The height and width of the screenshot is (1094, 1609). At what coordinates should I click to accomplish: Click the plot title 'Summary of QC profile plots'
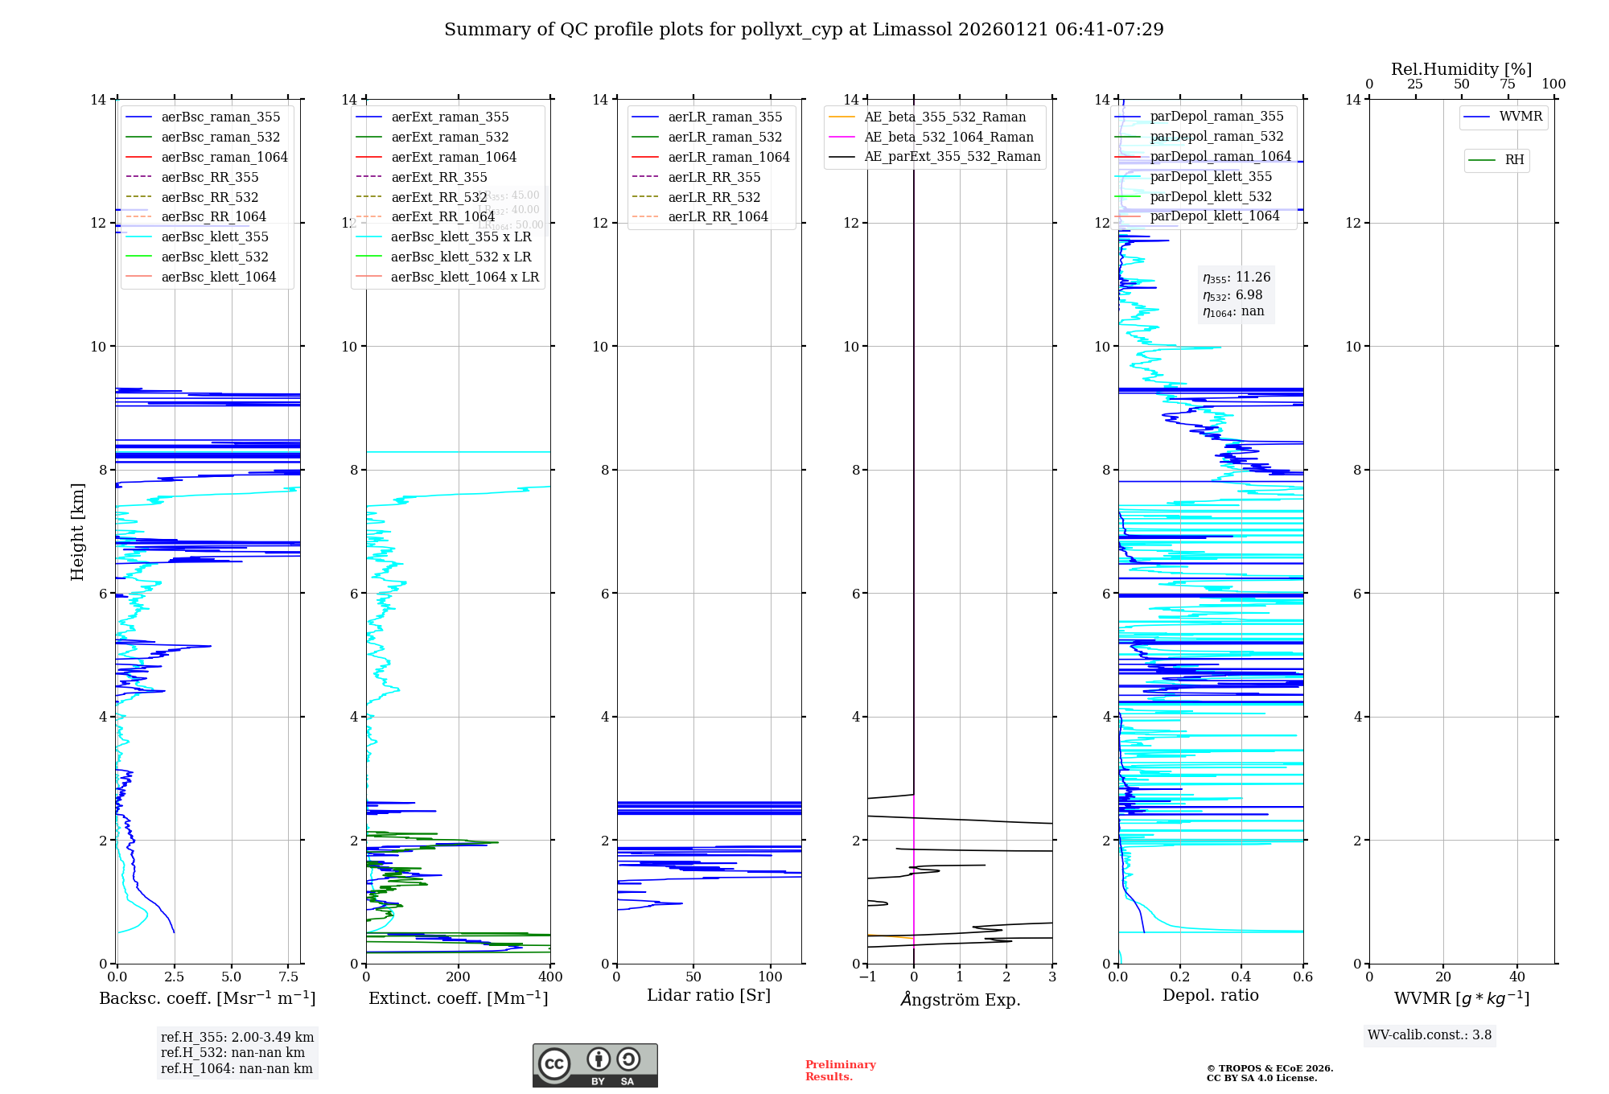click(x=803, y=30)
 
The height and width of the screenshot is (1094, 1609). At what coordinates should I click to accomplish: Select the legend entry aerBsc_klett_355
click(x=215, y=237)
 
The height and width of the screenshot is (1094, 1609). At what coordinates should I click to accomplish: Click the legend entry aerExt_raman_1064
click(x=454, y=158)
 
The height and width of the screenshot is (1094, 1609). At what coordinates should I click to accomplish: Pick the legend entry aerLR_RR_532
click(x=714, y=198)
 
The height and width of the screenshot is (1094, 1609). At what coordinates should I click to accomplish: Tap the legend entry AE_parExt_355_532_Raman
click(x=952, y=157)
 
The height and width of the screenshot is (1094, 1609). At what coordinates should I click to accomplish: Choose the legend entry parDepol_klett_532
click(x=1211, y=197)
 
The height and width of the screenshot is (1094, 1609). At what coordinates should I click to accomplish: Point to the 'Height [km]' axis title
click(x=77, y=531)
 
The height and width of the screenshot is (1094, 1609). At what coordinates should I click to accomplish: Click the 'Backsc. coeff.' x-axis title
click(x=208, y=998)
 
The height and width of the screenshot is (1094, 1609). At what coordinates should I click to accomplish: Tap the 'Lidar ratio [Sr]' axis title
click(x=709, y=996)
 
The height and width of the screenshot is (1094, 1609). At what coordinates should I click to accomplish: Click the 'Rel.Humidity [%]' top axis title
click(x=1461, y=69)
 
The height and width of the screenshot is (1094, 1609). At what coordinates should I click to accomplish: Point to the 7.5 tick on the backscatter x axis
click(x=289, y=977)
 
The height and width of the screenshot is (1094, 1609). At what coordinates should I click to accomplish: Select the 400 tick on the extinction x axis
click(x=550, y=977)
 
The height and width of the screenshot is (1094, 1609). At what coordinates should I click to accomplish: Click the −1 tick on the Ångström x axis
click(x=867, y=977)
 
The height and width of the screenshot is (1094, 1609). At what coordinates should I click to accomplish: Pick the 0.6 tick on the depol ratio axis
click(x=1302, y=977)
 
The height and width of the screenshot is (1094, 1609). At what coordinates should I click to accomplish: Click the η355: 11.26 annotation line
click(x=1237, y=278)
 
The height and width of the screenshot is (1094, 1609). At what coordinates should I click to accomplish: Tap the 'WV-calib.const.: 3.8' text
click(x=1430, y=1035)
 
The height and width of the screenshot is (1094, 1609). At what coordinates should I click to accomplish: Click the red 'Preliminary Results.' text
click(x=840, y=1071)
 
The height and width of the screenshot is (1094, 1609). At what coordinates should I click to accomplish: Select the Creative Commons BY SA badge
click(x=595, y=1066)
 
